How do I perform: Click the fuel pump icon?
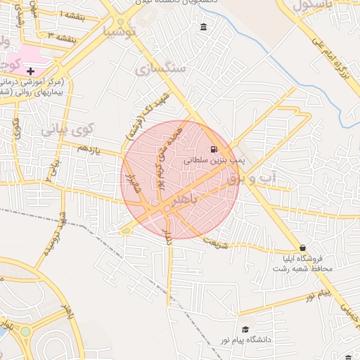coord(214,149)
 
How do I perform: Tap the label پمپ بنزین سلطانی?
coord(214,160)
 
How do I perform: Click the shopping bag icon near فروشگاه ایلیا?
coord(302,248)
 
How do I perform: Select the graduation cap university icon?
coord(245,329)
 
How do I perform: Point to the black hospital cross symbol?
coord(30,71)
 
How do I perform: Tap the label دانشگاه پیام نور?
coord(245,340)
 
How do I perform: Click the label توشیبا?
coord(117,31)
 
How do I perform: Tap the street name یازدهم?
coord(89,150)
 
